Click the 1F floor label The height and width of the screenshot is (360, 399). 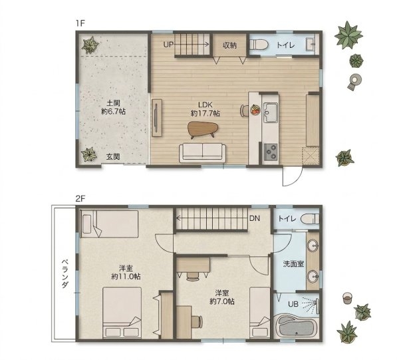[80, 23]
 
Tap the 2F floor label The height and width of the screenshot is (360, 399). [80, 199]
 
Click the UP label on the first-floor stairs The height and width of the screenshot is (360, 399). [168, 45]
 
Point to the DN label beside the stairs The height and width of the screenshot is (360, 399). [255, 218]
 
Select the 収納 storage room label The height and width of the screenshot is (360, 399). [230, 45]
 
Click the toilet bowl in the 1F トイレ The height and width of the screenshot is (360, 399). [259, 45]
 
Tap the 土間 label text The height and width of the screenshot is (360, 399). [113, 103]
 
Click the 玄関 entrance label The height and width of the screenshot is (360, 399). [113, 157]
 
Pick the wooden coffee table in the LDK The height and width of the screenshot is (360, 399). [203, 130]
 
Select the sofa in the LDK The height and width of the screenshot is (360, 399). [202, 153]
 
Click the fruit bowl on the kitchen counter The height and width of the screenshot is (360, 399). [255, 110]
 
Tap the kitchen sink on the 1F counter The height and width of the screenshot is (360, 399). [271, 112]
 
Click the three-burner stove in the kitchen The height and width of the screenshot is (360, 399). [271, 152]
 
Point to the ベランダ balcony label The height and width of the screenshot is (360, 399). [65, 273]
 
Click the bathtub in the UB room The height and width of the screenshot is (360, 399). [296, 326]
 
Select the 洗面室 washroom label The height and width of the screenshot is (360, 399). [293, 264]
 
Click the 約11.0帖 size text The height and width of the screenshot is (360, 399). [126, 276]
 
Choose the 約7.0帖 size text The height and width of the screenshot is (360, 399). [222, 301]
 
